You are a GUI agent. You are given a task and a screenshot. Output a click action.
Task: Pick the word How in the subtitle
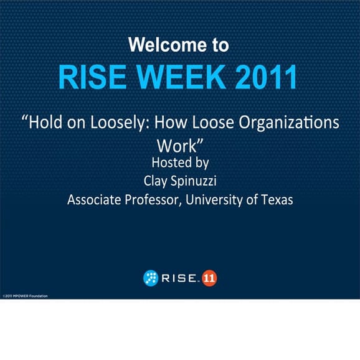tap(173, 122)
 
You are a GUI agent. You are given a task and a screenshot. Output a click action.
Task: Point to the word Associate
tap(95, 200)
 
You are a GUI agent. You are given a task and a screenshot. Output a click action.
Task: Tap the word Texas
tap(277, 200)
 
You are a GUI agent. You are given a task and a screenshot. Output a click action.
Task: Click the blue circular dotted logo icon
tap(150, 278)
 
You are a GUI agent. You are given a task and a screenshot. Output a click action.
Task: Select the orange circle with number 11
tap(210, 278)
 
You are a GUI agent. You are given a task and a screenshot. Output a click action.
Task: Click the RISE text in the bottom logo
tap(179, 278)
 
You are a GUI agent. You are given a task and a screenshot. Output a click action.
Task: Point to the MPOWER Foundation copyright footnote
tap(25, 295)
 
